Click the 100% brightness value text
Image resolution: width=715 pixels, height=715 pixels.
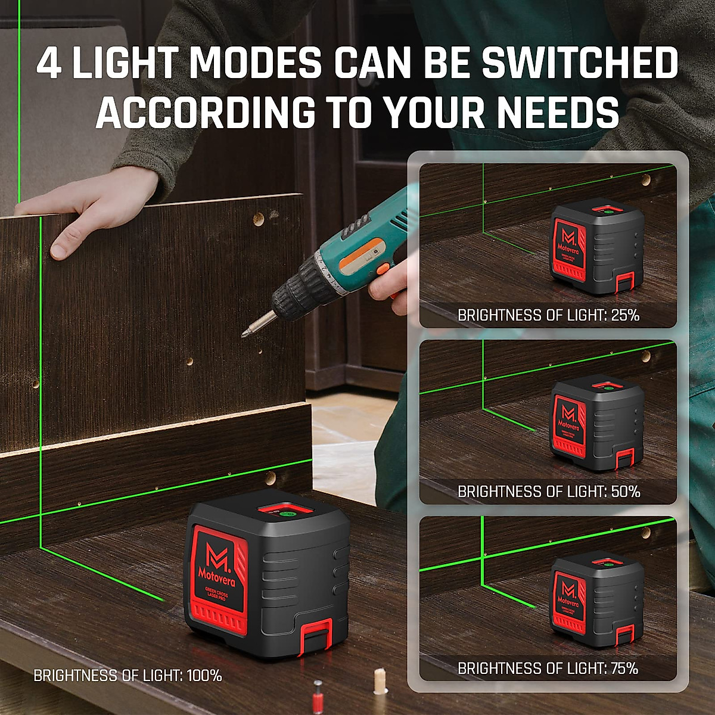(204, 676)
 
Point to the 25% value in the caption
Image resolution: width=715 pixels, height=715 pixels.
(625, 315)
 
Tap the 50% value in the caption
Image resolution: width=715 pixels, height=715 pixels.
(625, 492)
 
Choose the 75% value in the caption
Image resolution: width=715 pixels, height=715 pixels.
(624, 669)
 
